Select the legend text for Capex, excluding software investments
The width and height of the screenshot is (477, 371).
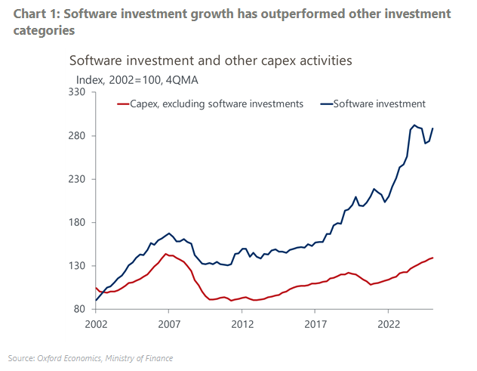(217, 104)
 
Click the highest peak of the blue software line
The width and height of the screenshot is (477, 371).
(414, 125)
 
